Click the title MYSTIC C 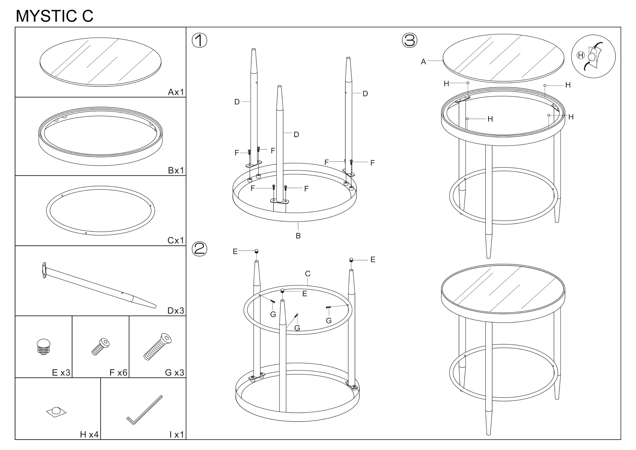click(x=55, y=16)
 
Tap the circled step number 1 click(x=199, y=41)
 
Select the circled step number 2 click(x=199, y=249)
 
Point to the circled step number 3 click(x=409, y=41)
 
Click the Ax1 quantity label click(x=176, y=92)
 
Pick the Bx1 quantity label click(x=176, y=170)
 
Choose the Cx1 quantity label click(x=176, y=240)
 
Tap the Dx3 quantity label click(x=176, y=311)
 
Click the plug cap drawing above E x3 click(x=44, y=346)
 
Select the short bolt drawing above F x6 click(x=100, y=347)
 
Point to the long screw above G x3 click(x=157, y=347)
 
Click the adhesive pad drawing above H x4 click(x=56, y=412)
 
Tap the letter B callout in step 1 click(x=298, y=236)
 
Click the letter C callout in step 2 click(x=308, y=274)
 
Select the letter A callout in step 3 click(x=423, y=62)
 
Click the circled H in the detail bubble click(x=581, y=56)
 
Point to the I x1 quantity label click(x=176, y=434)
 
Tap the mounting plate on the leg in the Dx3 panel click(x=44, y=270)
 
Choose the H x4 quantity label click(x=89, y=434)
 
